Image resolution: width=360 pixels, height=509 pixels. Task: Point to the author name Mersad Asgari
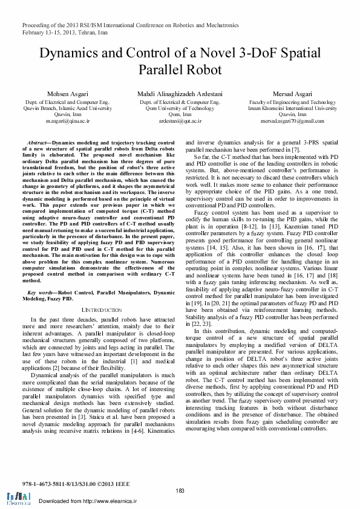tap(292, 94)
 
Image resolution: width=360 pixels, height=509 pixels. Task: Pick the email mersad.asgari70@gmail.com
tap(292, 121)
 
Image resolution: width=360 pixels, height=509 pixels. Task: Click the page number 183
tap(180, 490)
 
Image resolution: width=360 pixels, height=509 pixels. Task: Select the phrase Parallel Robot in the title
tap(180, 70)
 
